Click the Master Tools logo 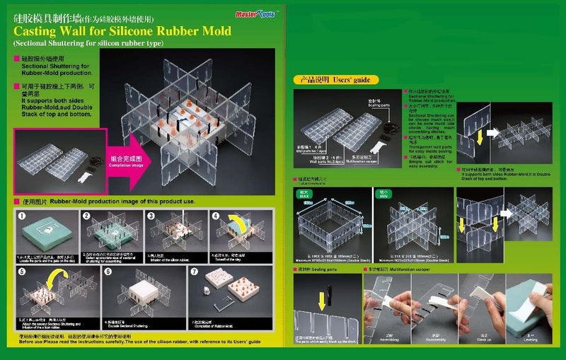[x=248, y=13]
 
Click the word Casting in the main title [x=35, y=32]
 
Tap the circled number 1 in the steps [x=22, y=216]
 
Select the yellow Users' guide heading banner [x=337, y=80]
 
